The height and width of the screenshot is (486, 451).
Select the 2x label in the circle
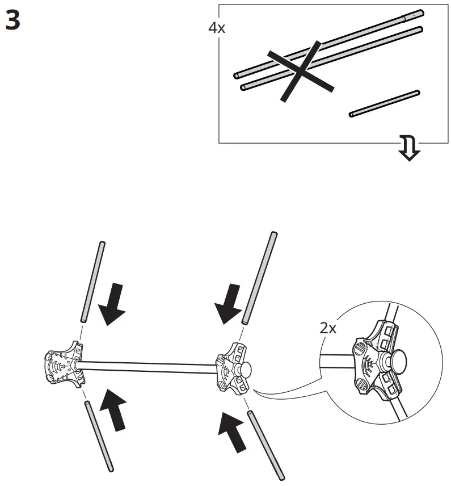tap(328, 329)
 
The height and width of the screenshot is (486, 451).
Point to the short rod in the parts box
tap(385, 103)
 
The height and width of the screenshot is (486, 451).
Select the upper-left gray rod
tap(92, 282)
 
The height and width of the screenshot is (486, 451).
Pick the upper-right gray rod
tap(260, 278)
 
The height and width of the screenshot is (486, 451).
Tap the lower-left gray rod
tap(99, 435)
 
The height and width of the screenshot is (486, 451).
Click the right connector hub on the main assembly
tap(231, 367)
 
